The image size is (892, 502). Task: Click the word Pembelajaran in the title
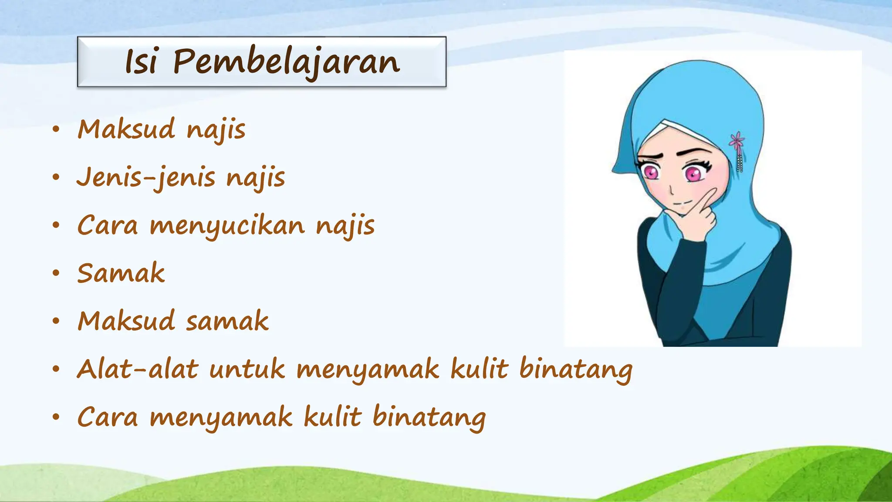[x=286, y=62]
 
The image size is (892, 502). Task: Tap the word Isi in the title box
[x=141, y=62]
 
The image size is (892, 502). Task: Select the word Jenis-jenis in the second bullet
[x=146, y=178]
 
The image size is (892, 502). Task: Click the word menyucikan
[x=227, y=226]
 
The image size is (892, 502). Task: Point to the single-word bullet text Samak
[x=121, y=274]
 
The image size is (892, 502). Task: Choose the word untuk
[x=247, y=370]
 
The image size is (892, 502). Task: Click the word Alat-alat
[x=137, y=370]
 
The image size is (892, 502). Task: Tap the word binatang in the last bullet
[x=429, y=417]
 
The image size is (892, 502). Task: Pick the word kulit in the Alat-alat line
[x=479, y=370]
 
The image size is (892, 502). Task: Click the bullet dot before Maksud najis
[x=55, y=130]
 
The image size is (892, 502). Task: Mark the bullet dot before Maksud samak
[x=55, y=322]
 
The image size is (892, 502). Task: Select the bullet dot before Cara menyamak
[x=55, y=417]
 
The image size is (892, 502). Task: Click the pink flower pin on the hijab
[x=737, y=141]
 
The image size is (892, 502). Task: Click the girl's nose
[x=671, y=190]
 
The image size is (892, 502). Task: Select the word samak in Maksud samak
[x=227, y=322]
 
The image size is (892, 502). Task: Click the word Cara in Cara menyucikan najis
[x=108, y=226]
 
